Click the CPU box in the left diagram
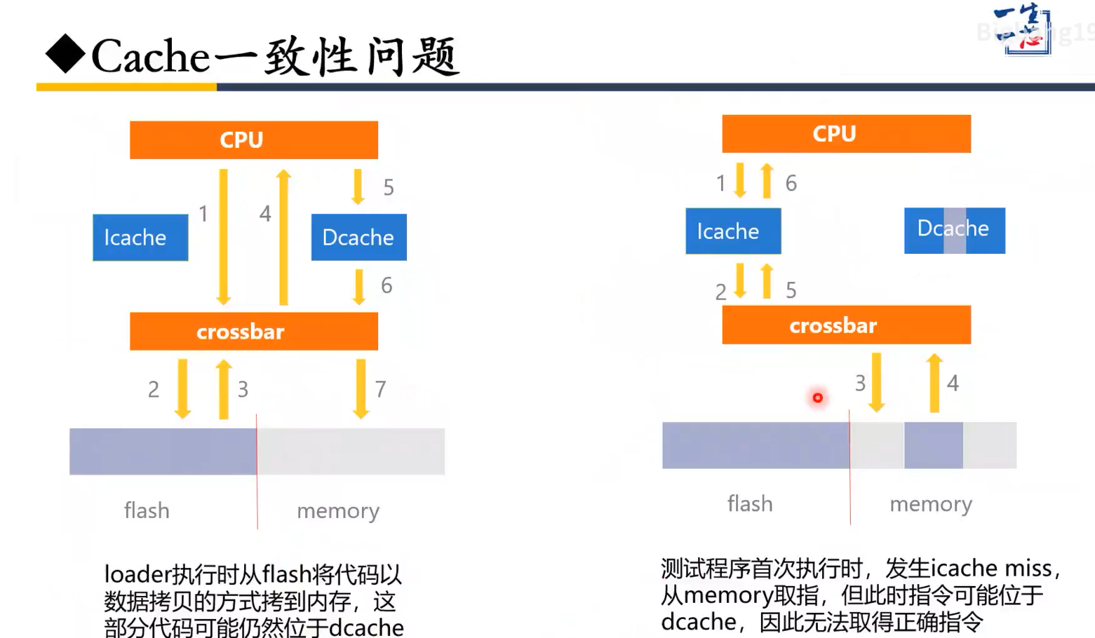pyautogui.click(x=253, y=140)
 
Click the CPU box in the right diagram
pyautogui.click(x=846, y=133)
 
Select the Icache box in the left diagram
pyautogui.click(x=140, y=238)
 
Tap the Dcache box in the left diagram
pyautogui.click(x=358, y=238)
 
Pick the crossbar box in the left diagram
pyautogui.click(x=253, y=331)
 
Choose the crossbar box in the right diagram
pyautogui.click(x=846, y=325)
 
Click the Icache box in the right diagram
pyautogui.click(x=733, y=231)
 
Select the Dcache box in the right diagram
pyautogui.click(x=954, y=230)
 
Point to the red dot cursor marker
pyautogui.click(x=817, y=398)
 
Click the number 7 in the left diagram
pyautogui.click(x=380, y=389)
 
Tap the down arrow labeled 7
pyautogui.click(x=361, y=388)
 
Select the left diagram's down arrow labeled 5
pyautogui.click(x=358, y=186)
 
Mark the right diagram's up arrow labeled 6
pyautogui.click(x=767, y=180)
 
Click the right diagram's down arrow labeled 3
pyautogui.click(x=876, y=382)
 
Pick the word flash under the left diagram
pyautogui.click(x=147, y=510)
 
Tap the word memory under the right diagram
pyautogui.click(x=931, y=504)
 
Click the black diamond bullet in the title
pyautogui.click(x=65, y=55)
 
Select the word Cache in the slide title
pyautogui.click(x=151, y=56)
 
